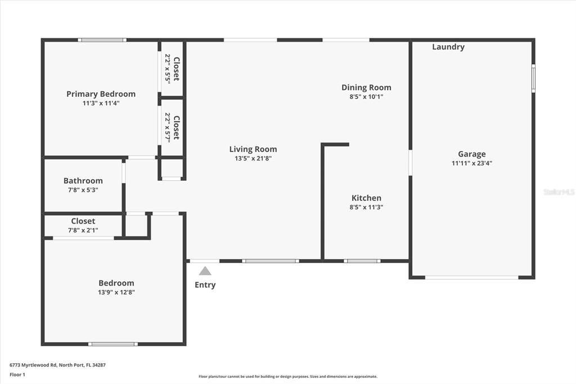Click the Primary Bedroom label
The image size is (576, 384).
[101, 94]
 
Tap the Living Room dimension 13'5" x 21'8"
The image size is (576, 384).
[253, 159]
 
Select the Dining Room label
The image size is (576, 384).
[366, 87]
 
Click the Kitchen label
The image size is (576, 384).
[366, 198]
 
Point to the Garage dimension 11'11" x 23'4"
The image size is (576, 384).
[471, 163]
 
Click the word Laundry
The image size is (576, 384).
[448, 47]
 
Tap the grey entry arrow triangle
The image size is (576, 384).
[205, 271]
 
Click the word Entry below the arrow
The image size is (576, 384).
[205, 285]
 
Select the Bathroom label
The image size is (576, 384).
[83, 181]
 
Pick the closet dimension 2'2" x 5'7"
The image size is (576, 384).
[168, 127]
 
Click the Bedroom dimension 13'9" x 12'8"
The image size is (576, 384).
[116, 292]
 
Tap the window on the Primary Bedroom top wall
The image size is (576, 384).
[102, 40]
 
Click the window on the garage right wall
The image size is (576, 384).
[533, 78]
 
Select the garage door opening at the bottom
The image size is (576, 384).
[471, 277]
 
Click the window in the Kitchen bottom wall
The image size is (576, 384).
[362, 261]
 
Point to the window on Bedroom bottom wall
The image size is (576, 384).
[112, 343]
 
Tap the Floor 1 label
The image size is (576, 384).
[16, 374]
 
